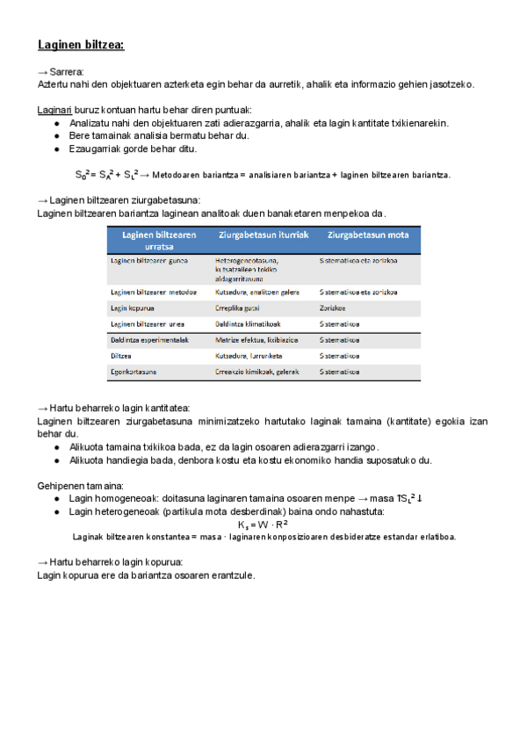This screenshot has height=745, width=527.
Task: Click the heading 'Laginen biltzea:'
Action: click(81, 45)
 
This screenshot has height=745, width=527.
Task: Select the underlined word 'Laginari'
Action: click(54, 110)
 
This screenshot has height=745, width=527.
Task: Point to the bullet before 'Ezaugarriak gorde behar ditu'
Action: click(57, 148)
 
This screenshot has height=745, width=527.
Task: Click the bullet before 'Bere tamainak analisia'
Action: click(57, 136)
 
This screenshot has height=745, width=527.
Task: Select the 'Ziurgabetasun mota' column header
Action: click(367, 235)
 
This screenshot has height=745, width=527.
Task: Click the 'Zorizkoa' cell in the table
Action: click(333, 308)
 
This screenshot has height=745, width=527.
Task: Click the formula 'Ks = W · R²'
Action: click(263, 524)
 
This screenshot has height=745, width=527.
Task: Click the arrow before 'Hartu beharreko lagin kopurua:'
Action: click(42, 562)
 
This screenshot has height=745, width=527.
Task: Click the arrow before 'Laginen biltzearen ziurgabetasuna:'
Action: click(42, 200)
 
